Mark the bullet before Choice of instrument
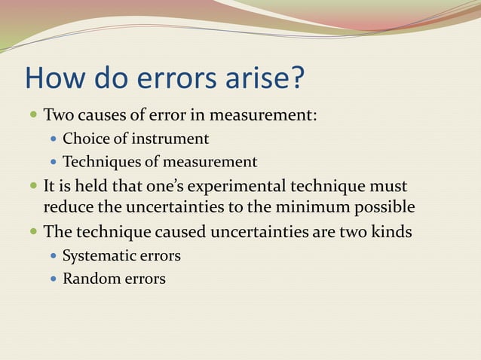[x=53, y=140]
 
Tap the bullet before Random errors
[x=53, y=279]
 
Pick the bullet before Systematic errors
[x=53, y=256]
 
